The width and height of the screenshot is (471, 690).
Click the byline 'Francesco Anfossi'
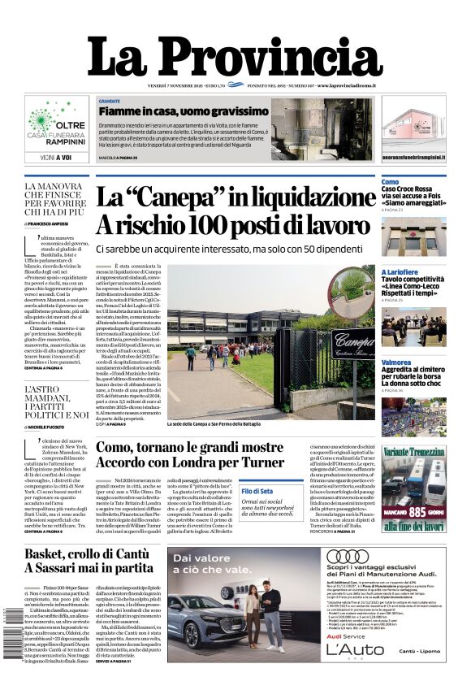51,223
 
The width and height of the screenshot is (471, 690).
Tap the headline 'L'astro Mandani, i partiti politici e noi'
56,402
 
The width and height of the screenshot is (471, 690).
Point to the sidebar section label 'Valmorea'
395,362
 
